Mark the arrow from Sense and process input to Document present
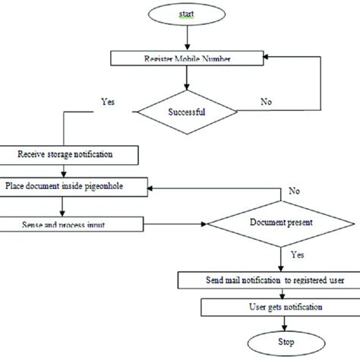[175, 225]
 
